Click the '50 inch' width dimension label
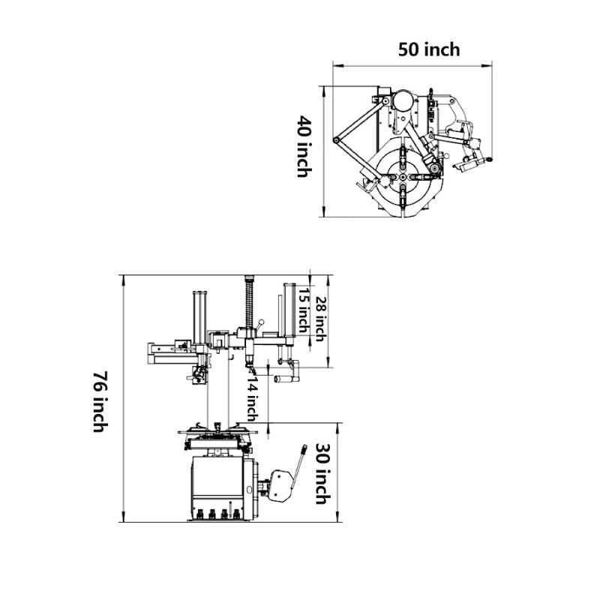click(x=428, y=49)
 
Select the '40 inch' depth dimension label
click(x=304, y=145)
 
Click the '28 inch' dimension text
click(x=320, y=319)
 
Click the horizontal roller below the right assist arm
click(x=285, y=380)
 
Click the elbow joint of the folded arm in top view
click(x=337, y=141)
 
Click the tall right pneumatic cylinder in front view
click(x=288, y=311)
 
